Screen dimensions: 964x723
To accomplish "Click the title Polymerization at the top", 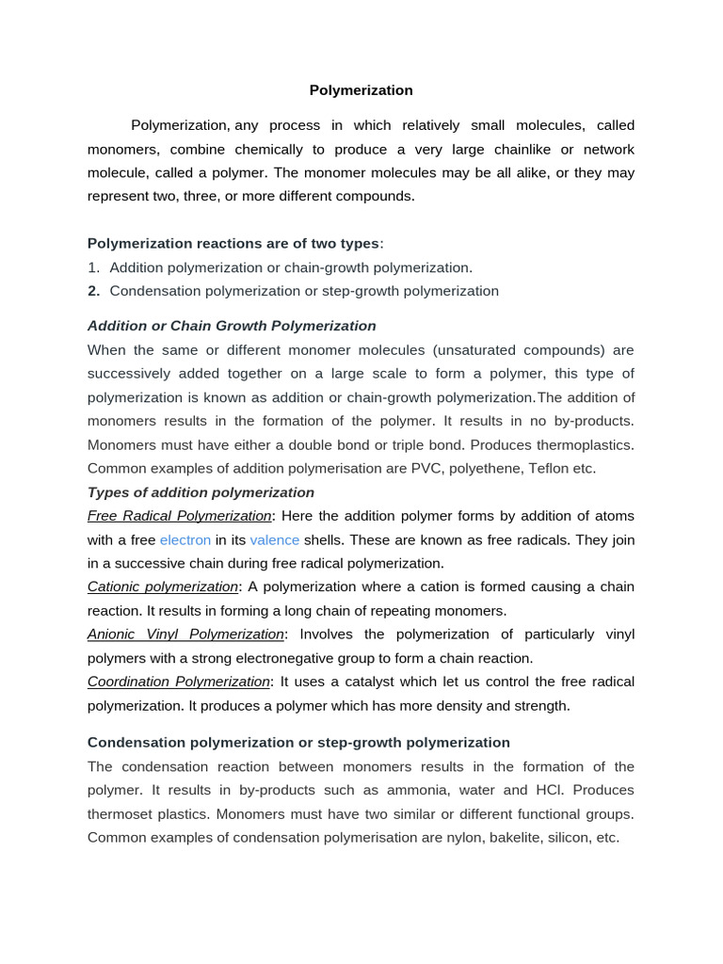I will (x=361, y=90).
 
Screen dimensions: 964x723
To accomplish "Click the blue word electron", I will (x=185, y=539).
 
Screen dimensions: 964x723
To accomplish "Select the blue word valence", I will (x=275, y=539).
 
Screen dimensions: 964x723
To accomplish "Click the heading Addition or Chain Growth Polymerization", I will (x=232, y=326).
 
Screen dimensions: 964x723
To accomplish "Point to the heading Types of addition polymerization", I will (x=201, y=492).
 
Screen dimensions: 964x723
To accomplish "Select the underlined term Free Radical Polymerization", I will (x=179, y=516).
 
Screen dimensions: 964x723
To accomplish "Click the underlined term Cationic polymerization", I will (x=163, y=586).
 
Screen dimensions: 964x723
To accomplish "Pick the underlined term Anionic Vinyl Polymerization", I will (x=185, y=635).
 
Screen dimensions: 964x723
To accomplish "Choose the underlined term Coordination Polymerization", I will (x=179, y=682).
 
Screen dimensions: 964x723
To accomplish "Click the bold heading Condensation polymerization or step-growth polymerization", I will (x=298, y=742).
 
